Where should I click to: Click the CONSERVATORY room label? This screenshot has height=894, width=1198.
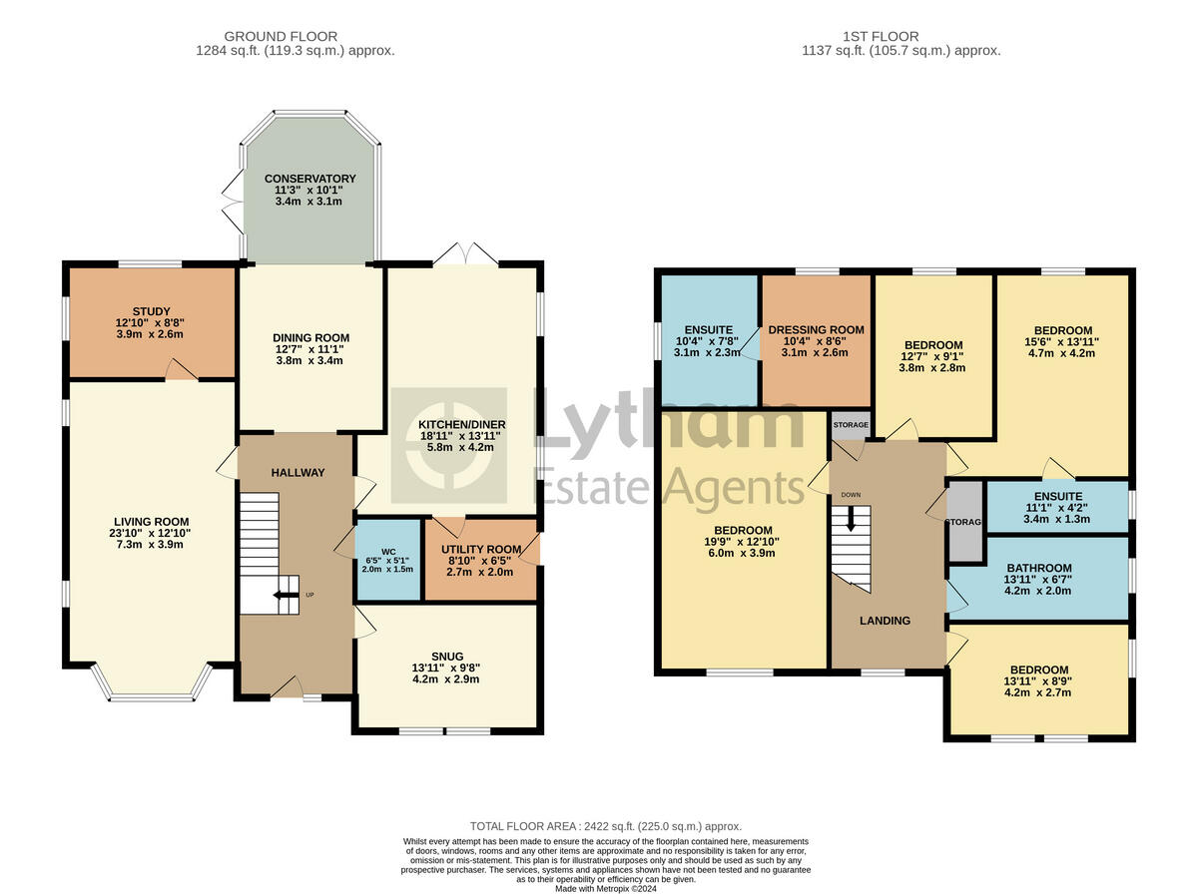pyautogui.click(x=309, y=179)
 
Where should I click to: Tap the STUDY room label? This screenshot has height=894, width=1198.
pyautogui.click(x=151, y=310)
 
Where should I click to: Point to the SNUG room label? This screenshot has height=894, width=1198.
pyautogui.click(x=447, y=656)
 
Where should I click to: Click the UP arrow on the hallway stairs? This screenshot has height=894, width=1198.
pyautogui.click(x=291, y=596)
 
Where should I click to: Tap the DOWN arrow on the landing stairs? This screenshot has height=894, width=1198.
pyautogui.click(x=851, y=519)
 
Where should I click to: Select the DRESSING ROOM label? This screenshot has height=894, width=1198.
pyautogui.click(x=816, y=329)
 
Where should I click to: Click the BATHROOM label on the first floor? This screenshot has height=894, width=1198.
pyautogui.click(x=1038, y=568)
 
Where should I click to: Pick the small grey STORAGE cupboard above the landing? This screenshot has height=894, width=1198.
pyautogui.click(x=851, y=424)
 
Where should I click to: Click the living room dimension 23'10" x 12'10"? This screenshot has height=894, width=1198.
pyautogui.click(x=151, y=534)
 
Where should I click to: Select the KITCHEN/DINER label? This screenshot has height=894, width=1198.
pyautogui.click(x=461, y=424)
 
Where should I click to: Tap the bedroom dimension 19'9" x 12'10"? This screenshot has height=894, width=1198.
pyautogui.click(x=743, y=543)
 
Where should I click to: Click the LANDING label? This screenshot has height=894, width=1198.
pyautogui.click(x=886, y=621)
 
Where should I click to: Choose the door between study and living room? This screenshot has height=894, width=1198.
pyautogui.click(x=181, y=373)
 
